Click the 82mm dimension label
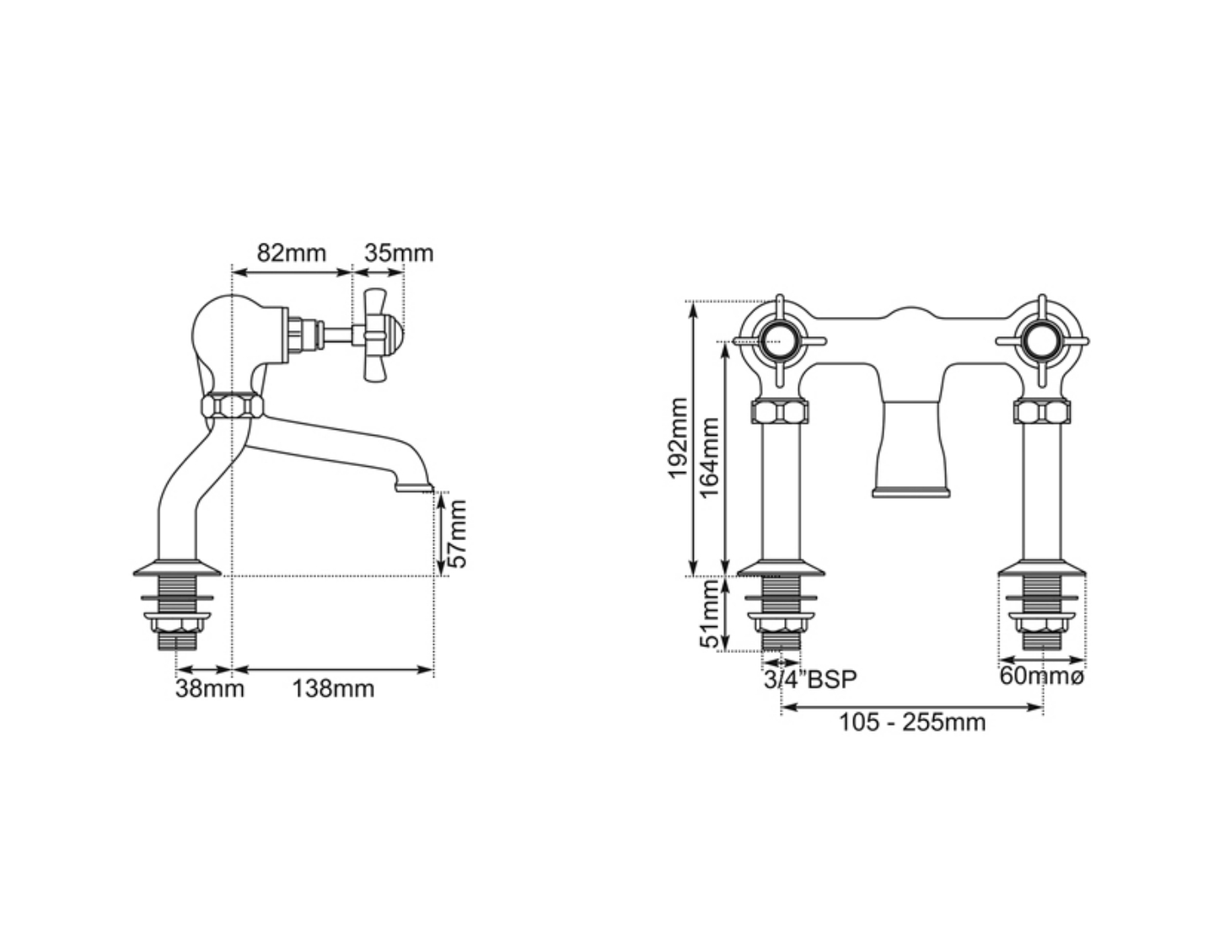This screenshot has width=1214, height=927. pyautogui.click(x=291, y=253)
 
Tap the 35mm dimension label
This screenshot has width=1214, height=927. pyautogui.click(x=398, y=253)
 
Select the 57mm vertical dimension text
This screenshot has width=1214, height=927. pyautogui.click(x=455, y=534)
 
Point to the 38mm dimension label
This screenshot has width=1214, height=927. pyautogui.click(x=209, y=689)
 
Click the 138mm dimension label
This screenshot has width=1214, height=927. pyautogui.click(x=333, y=689)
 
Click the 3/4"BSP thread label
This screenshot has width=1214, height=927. pyautogui.click(x=809, y=679)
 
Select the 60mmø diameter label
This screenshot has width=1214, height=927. pyautogui.click(x=1041, y=676)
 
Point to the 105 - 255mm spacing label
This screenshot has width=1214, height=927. pyautogui.click(x=911, y=722)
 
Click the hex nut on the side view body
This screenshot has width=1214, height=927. pyautogui.click(x=232, y=406)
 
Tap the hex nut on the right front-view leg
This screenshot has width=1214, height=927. pyautogui.click(x=1042, y=413)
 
